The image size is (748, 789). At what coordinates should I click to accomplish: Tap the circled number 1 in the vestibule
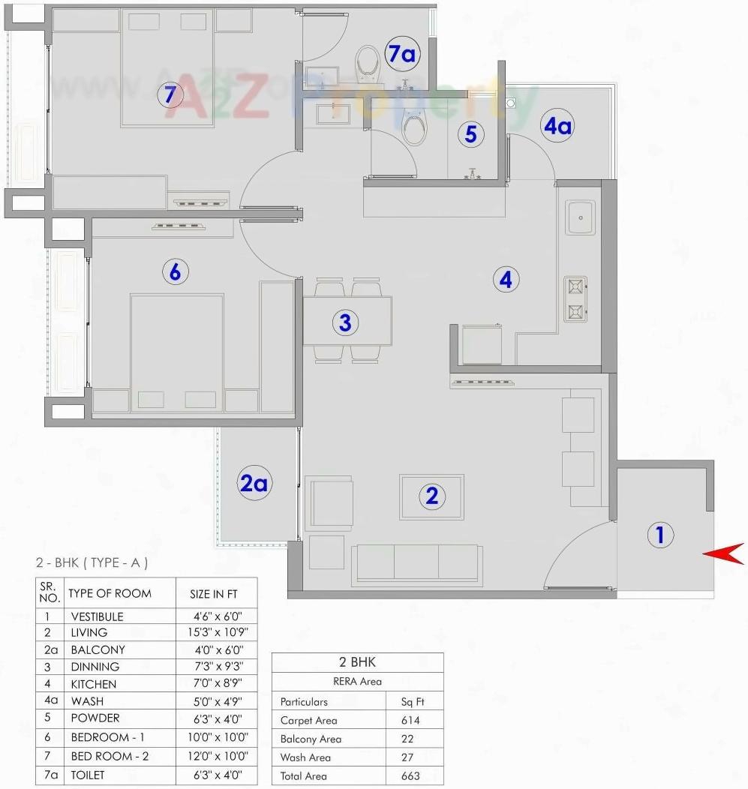click(x=660, y=535)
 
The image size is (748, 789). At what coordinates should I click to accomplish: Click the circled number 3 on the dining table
click(x=344, y=322)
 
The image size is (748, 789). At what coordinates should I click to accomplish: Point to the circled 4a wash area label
click(x=557, y=126)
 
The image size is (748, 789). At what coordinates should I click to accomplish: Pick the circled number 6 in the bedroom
click(x=175, y=271)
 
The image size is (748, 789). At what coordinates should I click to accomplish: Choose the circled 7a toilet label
click(x=401, y=53)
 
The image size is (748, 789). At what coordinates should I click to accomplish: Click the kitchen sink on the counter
click(x=581, y=217)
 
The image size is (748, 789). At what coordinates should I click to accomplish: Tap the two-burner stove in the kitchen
click(x=575, y=299)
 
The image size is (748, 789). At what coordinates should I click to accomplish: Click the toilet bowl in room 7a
click(x=368, y=64)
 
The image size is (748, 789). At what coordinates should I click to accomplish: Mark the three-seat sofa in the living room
click(x=416, y=564)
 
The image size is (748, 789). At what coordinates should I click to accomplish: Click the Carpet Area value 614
click(x=410, y=720)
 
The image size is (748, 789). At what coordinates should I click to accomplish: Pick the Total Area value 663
click(x=410, y=776)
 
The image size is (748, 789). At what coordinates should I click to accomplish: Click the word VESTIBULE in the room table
click(x=97, y=616)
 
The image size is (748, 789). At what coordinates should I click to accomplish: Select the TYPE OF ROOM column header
click(x=110, y=593)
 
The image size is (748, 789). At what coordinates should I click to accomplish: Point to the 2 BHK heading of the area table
click(x=357, y=662)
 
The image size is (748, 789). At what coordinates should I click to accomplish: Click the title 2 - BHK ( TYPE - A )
click(x=92, y=562)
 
